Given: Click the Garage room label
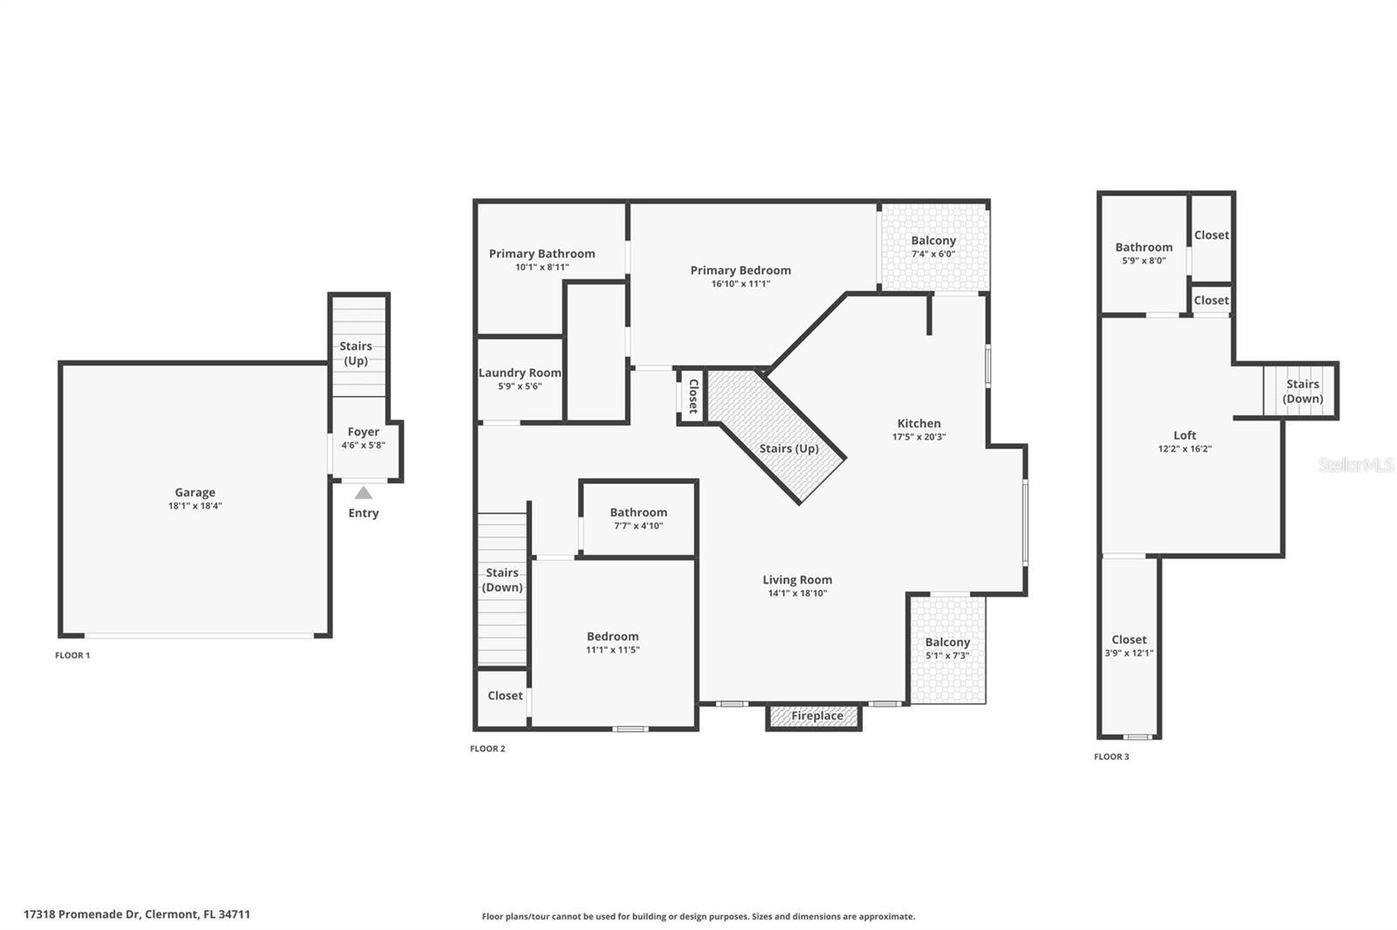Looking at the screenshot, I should pyautogui.click(x=195, y=493).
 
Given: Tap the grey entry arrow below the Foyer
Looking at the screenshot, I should pyautogui.click(x=363, y=494).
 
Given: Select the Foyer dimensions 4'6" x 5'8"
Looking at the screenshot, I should pyautogui.click(x=363, y=445).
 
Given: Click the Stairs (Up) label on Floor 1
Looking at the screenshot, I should pyautogui.click(x=355, y=353).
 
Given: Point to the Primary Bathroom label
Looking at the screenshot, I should pyautogui.click(x=541, y=254).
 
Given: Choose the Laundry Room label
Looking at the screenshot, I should pyautogui.click(x=520, y=373).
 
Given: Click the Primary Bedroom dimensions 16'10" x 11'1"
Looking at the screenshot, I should pyautogui.click(x=740, y=284).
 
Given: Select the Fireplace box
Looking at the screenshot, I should pyautogui.click(x=816, y=716).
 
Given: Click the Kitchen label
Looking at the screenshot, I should pyautogui.click(x=919, y=423).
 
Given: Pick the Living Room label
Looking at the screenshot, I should pyautogui.click(x=797, y=580).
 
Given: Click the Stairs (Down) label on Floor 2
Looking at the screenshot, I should pyautogui.click(x=502, y=580).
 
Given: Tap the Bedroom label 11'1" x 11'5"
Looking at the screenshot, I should pyautogui.click(x=612, y=637).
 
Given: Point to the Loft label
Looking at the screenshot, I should pyautogui.click(x=1185, y=435).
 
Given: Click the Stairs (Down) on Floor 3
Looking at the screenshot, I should pyautogui.click(x=1302, y=391).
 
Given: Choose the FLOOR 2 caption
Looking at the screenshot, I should pyautogui.click(x=487, y=749).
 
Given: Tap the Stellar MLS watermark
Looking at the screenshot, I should pyautogui.click(x=1355, y=465).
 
